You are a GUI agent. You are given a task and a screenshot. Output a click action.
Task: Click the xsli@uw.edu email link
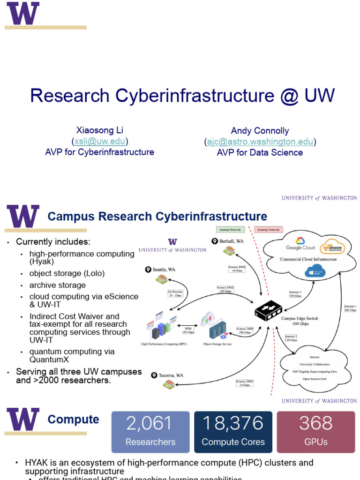click(x=100, y=141)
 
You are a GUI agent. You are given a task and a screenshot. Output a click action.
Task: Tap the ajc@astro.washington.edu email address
click(x=260, y=142)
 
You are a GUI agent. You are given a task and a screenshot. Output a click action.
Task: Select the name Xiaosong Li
click(x=100, y=130)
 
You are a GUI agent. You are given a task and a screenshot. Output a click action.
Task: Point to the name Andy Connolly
click(x=260, y=131)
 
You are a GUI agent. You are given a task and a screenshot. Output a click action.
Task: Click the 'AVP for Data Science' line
click(x=260, y=152)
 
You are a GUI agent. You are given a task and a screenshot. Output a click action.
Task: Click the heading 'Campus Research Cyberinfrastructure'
click(x=157, y=217)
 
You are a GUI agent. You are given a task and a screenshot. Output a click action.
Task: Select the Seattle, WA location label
click(x=164, y=270)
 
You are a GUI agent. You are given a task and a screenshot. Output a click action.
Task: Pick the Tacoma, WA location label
click(x=171, y=375)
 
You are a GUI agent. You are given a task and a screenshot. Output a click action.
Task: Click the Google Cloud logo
click(x=300, y=247)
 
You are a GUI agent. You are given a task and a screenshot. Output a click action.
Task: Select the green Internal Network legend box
click(x=230, y=230)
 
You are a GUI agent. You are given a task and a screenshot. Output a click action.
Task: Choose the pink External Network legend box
click(x=268, y=230)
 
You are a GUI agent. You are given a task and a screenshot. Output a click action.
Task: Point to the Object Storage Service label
click(x=217, y=344)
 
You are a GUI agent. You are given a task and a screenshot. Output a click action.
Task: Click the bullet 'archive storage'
click(x=58, y=285)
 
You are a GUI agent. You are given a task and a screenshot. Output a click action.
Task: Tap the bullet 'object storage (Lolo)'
click(x=67, y=273)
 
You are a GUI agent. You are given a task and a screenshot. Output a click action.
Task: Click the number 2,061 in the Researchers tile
click(x=150, y=424)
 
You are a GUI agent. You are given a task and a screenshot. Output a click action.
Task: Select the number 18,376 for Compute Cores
click(x=233, y=424)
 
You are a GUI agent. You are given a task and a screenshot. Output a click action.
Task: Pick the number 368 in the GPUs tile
click(x=316, y=424)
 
